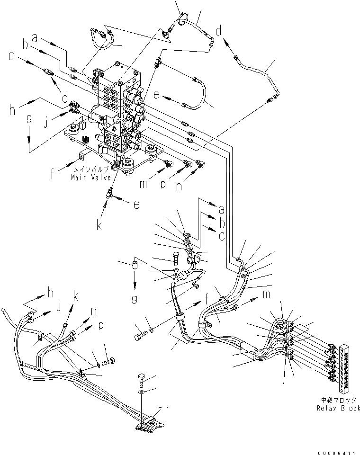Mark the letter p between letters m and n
163,185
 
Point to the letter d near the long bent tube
218,31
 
